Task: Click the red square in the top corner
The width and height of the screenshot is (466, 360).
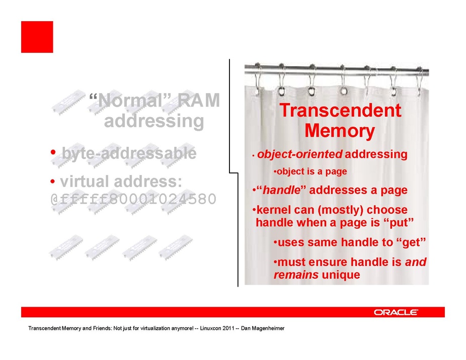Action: (37, 37)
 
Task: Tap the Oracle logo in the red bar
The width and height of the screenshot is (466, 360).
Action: (396, 312)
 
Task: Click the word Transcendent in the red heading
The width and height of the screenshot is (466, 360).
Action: (340, 110)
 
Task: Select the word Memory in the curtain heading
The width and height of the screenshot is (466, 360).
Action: (340, 131)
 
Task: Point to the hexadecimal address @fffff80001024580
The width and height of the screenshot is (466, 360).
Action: (133, 199)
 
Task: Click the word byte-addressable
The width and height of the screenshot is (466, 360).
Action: (129, 153)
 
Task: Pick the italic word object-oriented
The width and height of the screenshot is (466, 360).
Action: (300, 154)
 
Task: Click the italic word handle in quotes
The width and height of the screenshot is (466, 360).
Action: (281, 190)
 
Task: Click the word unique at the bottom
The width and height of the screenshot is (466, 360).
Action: (341, 275)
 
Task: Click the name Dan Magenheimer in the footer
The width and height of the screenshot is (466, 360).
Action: (263, 328)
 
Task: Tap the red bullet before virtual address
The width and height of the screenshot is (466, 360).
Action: (53, 181)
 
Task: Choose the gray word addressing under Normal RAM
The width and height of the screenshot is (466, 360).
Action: (154, 121)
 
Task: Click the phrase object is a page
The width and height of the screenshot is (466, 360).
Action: (312, 171)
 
